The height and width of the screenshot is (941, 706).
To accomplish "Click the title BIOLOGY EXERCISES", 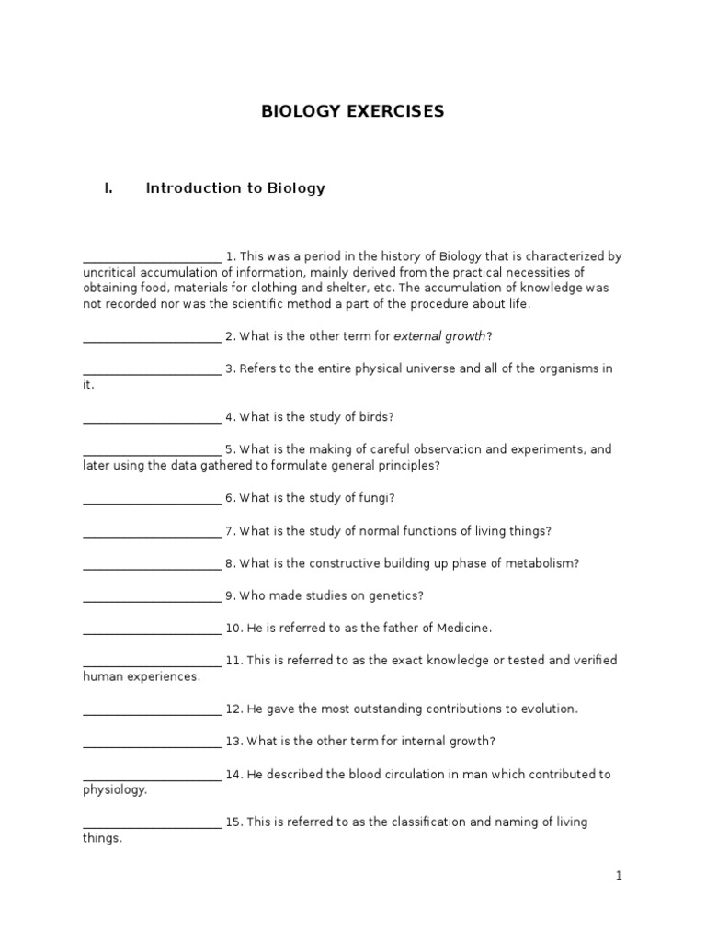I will [x=353, y=111].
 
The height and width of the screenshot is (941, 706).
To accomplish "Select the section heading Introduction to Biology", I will [x=235, y=188].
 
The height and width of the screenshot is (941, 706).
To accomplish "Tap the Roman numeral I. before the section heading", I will [x=108, y=188].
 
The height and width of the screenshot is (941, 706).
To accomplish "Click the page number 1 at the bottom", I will [x=620, y=877].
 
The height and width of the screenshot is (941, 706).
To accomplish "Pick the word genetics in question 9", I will [x=394, y=595].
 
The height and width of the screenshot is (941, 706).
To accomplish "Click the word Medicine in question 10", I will [x=463, y=628].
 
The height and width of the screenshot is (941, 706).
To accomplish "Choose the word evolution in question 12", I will [x=548, y=709].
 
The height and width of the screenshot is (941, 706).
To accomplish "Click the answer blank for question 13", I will [x=152, y=743].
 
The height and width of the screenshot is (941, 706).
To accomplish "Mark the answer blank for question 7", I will [x=152, y=532].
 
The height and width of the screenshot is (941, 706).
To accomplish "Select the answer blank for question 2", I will [x=152, y=337].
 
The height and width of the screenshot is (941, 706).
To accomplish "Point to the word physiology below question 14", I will [x=114, y=790].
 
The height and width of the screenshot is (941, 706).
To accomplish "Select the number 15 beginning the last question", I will [x=233, y=822].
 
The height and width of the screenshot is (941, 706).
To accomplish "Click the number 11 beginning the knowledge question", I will [x=233, y=661].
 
